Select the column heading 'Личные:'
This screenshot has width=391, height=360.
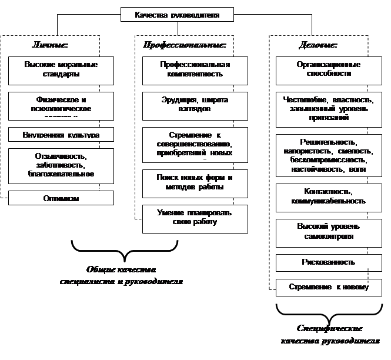50,45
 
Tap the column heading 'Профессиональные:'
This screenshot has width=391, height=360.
185,45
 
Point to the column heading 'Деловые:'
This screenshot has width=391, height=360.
318,45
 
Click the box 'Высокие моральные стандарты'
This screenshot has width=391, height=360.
61,70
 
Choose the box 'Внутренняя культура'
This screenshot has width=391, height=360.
61,135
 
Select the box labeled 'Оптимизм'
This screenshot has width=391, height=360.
61,199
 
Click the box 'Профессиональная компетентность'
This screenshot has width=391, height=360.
195,70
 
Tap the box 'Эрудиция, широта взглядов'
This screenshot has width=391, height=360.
195,105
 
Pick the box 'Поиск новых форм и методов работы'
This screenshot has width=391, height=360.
195,183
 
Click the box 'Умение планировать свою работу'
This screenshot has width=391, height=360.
195,217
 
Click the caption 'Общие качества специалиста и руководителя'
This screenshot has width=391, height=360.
122,275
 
